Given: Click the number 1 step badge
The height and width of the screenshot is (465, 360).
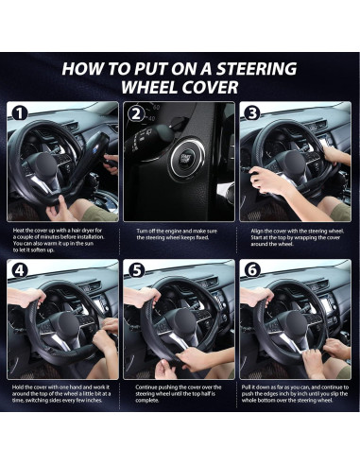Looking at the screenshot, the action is [x=20, y=113].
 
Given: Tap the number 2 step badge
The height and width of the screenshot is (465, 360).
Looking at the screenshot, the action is [x=136, y=113].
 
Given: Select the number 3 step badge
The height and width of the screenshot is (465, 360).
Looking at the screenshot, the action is [x=252, y=113].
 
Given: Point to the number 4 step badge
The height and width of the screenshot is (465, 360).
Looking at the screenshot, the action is [x=20, y=270].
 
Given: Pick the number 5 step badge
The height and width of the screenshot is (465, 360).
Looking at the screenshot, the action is [x=136, y=270].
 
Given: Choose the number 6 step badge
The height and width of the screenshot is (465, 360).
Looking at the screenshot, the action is [x=252, y=270].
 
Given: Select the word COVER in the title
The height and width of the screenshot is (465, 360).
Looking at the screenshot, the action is [x=210, y=87].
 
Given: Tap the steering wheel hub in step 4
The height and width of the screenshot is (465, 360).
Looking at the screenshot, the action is [x=68, y=324].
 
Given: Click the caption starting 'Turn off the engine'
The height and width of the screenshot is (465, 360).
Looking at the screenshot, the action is [x=177, y=234].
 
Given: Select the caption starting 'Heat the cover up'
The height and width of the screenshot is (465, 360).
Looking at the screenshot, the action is [x=59, y=240].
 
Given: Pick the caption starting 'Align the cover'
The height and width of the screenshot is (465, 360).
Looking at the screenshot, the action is [x=297, y=237].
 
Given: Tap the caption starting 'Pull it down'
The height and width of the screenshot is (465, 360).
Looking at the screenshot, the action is [x=295, y=393].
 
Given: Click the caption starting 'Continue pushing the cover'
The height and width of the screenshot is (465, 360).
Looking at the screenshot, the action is [x=179, y=393].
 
